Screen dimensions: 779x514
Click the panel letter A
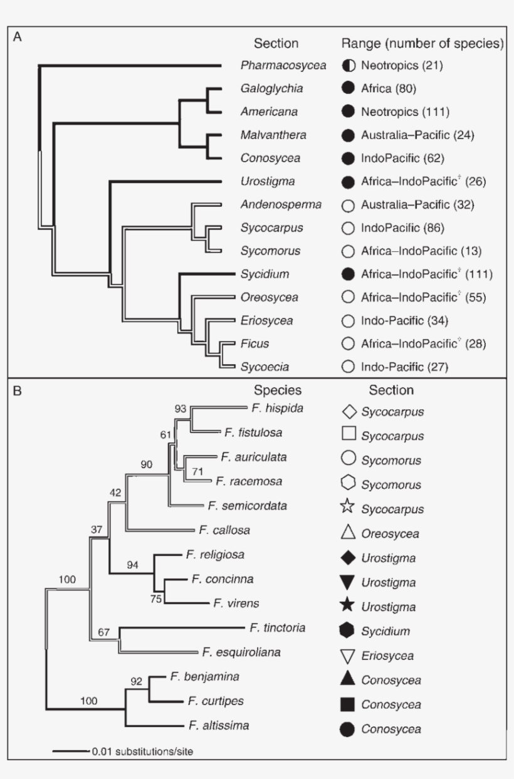tap(18, 37)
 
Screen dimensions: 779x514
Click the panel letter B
tap(18, 390)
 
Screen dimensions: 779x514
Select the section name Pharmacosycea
tap(273, 65)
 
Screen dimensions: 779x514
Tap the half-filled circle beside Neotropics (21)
tap(349, 65)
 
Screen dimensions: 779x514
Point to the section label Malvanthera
tap(268, 135)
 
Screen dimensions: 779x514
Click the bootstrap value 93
tap(181, 409)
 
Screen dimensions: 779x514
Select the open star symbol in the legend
tap(349, 508)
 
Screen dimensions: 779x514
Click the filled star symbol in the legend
tap(349, 606)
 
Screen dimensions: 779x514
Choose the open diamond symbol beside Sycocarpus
tap(349, 412)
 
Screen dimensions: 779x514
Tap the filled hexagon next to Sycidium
tap(349, 630)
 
